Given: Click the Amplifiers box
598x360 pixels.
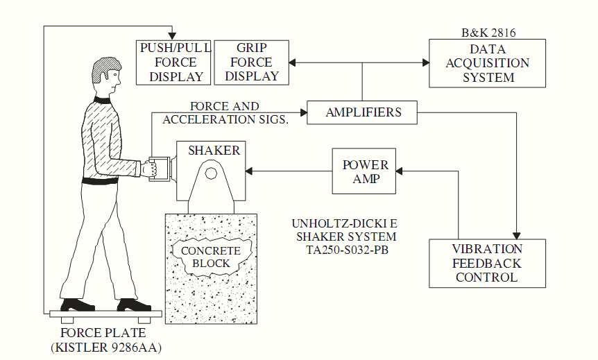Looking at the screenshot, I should point(363,112).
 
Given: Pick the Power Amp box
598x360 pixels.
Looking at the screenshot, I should point(365,172).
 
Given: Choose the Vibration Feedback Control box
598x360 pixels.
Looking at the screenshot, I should point(487,263).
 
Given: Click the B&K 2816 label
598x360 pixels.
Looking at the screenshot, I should point(488,33).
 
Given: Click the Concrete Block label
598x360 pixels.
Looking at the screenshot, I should point(210,256).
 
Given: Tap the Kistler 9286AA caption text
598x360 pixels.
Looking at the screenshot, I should point(106,347).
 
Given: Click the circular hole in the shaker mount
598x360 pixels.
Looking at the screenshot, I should point(211,172).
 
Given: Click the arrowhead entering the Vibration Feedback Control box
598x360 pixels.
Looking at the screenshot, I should point(517,234).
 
